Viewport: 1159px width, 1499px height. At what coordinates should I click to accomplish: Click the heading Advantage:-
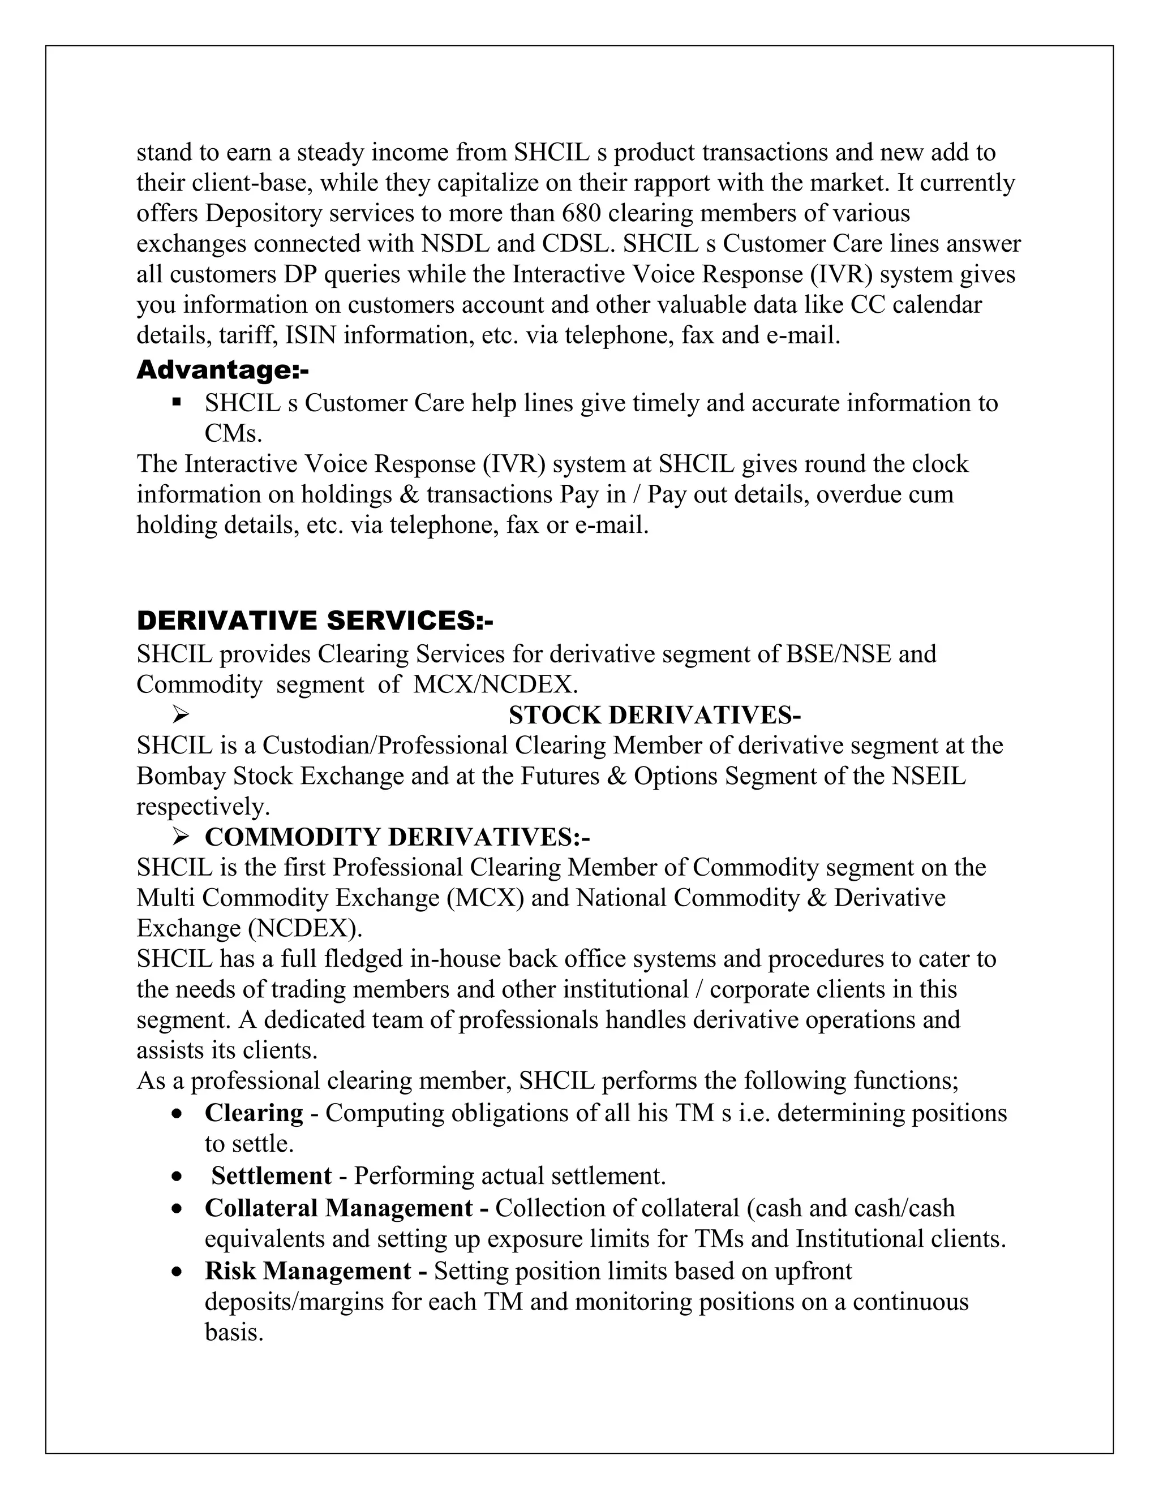tap(222, 370)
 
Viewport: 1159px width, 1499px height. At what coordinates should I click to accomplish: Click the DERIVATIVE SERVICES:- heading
tap(315, 621)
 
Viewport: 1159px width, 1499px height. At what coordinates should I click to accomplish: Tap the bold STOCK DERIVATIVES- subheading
tap(654, 715)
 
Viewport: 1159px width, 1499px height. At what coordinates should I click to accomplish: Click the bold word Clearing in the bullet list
tap(254, 1113)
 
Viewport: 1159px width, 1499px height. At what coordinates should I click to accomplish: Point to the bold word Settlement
tap(271, 1176)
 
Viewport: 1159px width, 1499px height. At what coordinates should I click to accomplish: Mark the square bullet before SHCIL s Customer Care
tap(177, 402)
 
